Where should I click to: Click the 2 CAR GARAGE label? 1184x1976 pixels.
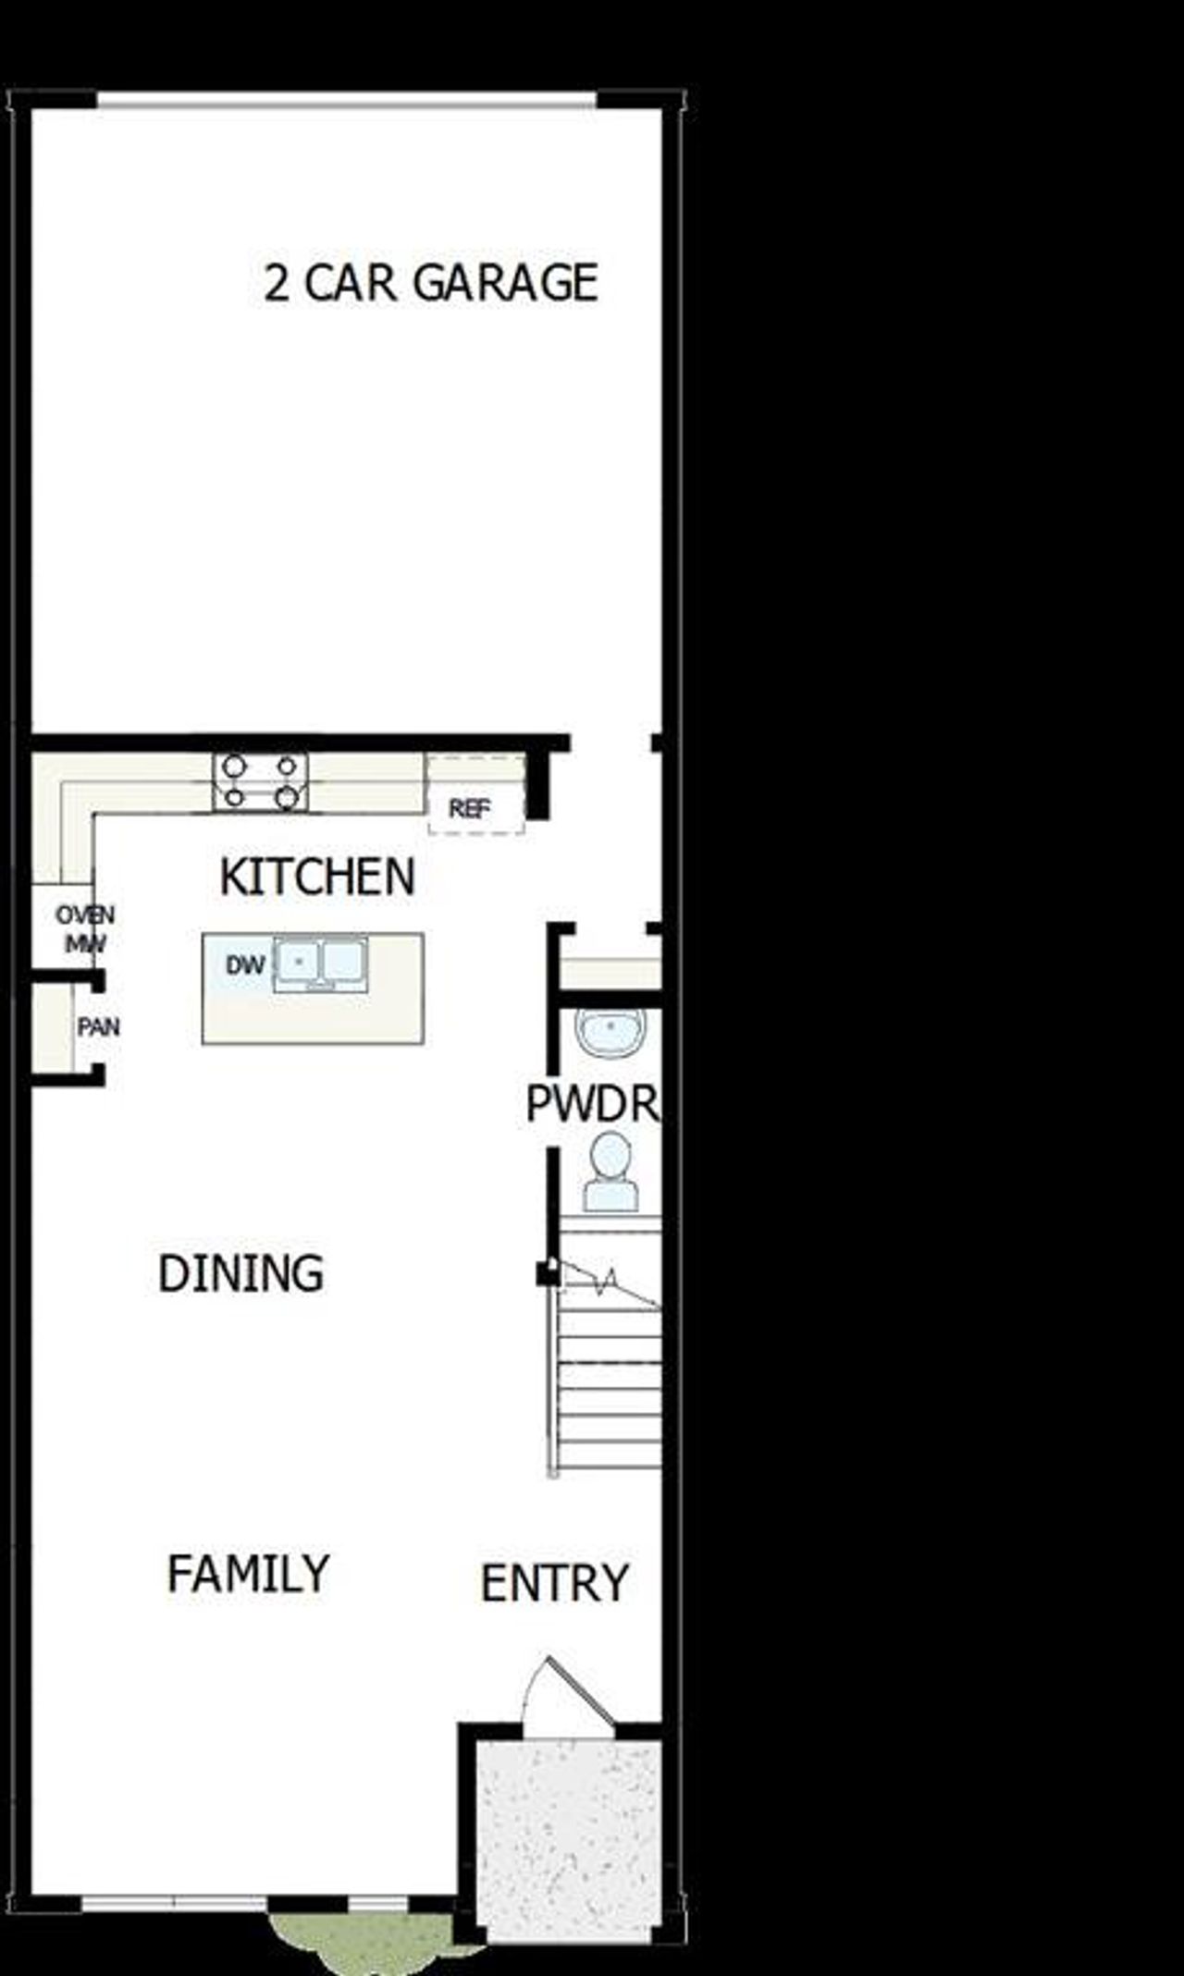(x=431, y=283)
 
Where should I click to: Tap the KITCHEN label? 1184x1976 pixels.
(x=317, y=877)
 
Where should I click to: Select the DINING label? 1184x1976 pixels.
(x=241, y=1274)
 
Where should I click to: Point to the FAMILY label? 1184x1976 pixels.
(x=248, y=1574)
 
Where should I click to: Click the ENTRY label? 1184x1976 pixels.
(x=555, y=1583)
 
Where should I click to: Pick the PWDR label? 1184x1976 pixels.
(x=593, y=1103)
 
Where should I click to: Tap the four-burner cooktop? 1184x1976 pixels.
(x=260, y=782)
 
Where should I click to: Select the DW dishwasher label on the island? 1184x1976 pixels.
(x=245, y=965)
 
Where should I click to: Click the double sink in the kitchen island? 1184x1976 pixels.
(x=319, y=963)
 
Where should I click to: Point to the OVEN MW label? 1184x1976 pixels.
(x=85, y=929)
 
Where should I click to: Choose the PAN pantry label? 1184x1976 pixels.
(x=98, y=1027)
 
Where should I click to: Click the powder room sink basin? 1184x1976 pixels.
(x=610, y=1032)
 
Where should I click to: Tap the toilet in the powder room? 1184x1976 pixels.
(x=610, y=1172)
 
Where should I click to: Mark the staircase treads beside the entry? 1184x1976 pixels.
(x=610, y=1387)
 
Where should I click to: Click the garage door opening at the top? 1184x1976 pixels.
(x=347, y=99)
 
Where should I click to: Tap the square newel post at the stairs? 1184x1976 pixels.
(x=547, y=1274)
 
